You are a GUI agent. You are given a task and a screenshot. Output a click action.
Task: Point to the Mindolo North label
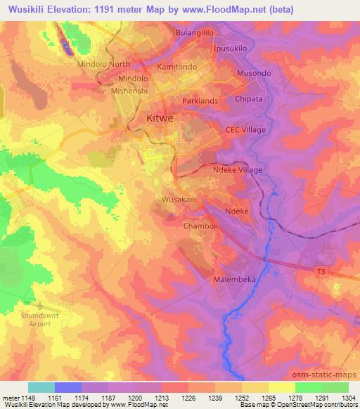point(103,64)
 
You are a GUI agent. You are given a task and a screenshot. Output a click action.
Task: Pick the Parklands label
point(200,101)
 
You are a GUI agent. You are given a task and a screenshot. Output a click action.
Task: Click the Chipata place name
point(249,99)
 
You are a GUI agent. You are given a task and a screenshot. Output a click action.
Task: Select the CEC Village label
point(245,130)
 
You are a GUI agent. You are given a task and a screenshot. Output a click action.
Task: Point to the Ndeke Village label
point(237,170)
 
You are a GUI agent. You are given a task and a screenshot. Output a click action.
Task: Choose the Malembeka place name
point(235,279)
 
